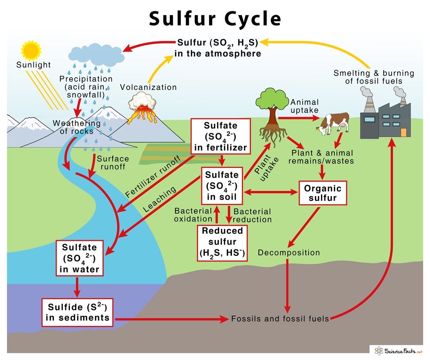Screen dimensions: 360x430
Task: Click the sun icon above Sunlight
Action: [x=31, y=50]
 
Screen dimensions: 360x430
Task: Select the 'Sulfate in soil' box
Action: [x=222, y=186]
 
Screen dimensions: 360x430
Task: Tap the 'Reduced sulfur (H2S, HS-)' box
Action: [x=222, y=243]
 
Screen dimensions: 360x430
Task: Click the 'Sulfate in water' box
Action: [x=79, y=258]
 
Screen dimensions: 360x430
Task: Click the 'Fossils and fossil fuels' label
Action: [x=280, y=319]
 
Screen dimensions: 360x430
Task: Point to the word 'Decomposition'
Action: [x=289, y=253]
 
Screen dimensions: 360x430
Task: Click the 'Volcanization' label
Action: [x=148, y=87]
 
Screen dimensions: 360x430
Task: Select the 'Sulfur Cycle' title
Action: [x=215, y=19]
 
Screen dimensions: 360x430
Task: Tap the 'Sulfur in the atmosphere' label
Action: [x=218, y=48]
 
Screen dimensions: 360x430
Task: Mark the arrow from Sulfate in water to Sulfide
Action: [x=77, y=287]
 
